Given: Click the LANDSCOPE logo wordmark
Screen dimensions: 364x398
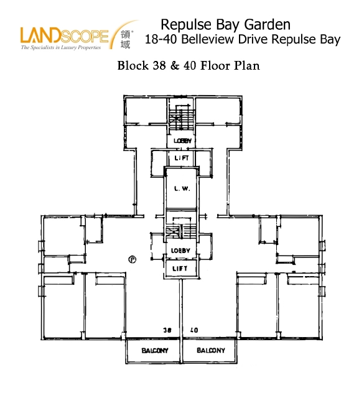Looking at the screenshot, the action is [x=65, y=35].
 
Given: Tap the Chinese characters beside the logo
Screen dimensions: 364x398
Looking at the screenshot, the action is [x=125, y=39].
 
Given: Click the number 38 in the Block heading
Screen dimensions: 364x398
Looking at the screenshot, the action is [x=159, y=65].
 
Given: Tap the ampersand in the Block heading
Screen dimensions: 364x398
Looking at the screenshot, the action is [x=174, y=65].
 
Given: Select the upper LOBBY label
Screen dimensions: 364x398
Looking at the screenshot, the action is [x=182, y=141].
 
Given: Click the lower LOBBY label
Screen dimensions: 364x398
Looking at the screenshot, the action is [x=180, y=251].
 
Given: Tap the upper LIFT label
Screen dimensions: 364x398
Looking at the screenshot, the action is [x=182, y=158].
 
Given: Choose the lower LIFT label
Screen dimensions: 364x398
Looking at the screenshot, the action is [x=180, y=268].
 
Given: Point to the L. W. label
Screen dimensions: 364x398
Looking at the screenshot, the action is [x=182, y=188].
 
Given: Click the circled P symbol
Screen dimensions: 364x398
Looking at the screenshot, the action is [x=133, y=259].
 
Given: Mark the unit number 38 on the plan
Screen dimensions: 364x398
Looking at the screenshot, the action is [x=167, y=330].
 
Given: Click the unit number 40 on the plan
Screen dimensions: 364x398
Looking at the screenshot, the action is [x=194, y=330].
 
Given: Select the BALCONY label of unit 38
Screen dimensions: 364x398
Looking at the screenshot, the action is [x=155, y=351].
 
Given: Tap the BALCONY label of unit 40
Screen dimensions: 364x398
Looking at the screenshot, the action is [x=211, y=350].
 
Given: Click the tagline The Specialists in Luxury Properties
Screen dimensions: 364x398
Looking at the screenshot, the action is [x=61, y=47].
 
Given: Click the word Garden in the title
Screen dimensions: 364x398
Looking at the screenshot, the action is [x=267, y=25].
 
